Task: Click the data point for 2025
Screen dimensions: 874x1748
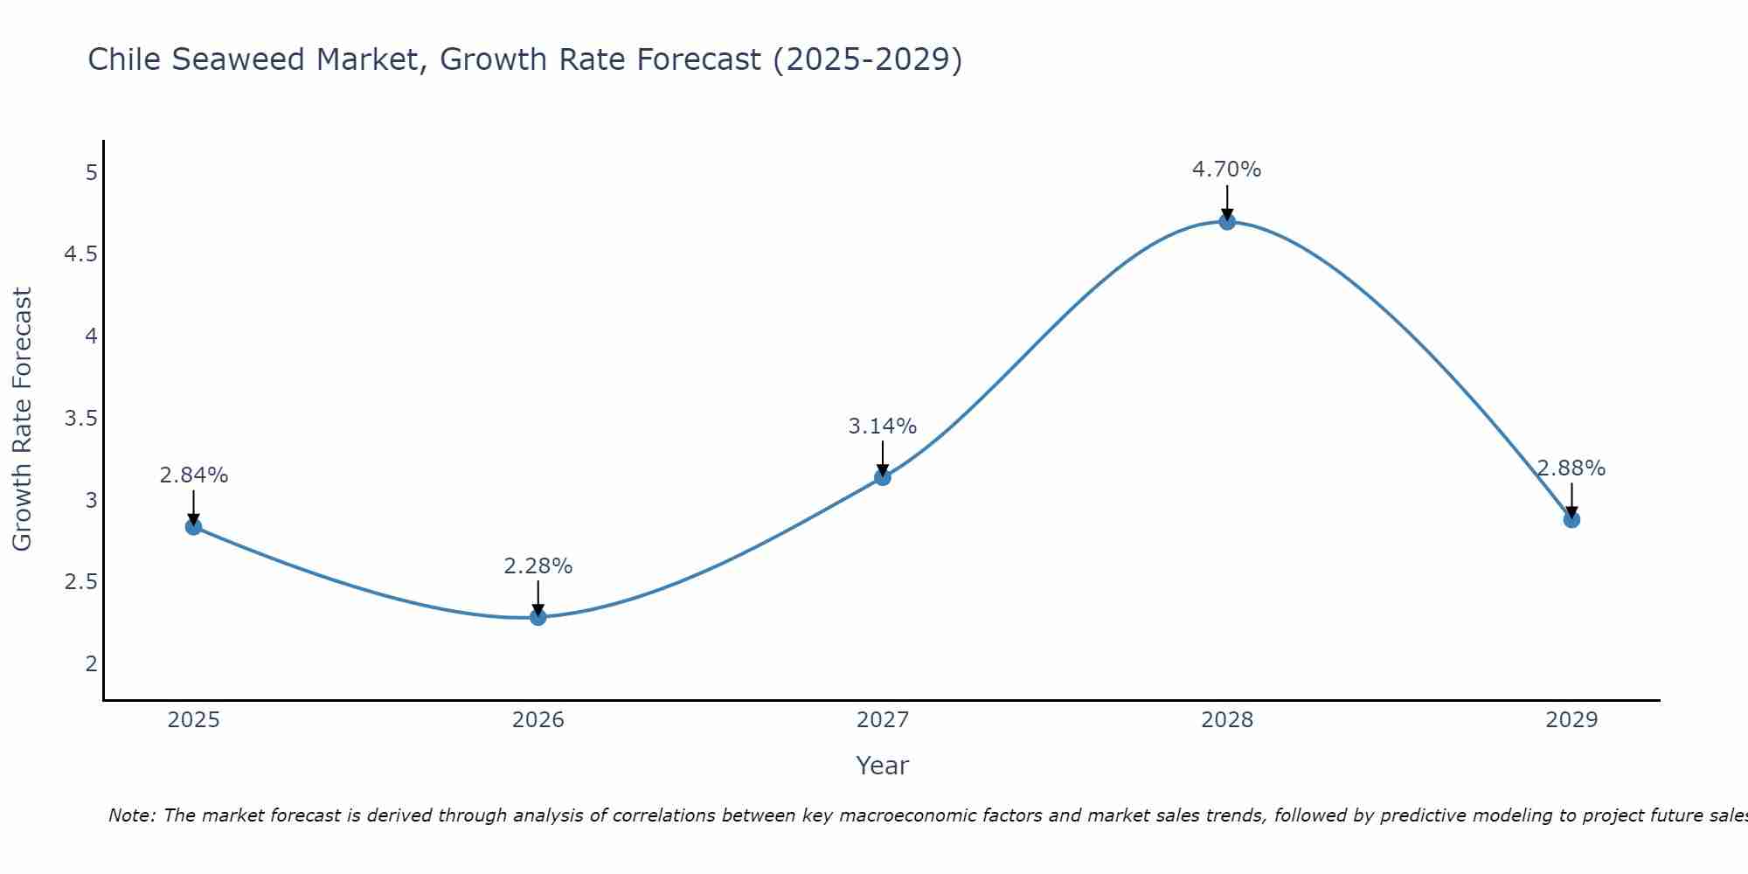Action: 193,526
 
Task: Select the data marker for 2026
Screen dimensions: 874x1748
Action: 538,617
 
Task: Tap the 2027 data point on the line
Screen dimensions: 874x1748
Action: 883,477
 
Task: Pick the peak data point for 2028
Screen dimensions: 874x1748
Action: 1227,222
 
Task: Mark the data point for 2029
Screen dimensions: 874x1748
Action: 1571,520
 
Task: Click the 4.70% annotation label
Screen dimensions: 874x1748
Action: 1226,170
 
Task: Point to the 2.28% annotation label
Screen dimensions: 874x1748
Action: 538,566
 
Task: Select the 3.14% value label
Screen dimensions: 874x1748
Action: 882,427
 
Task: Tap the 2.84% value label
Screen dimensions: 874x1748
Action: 193,475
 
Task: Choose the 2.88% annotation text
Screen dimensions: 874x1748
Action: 1571,468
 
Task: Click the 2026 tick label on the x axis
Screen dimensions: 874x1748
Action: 538,720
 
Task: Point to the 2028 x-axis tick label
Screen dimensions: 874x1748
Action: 1226,720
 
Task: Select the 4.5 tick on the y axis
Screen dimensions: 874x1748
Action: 80,254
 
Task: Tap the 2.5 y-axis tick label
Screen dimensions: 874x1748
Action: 80,582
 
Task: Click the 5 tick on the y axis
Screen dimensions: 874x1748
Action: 91,172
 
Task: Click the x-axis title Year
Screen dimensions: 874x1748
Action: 882,766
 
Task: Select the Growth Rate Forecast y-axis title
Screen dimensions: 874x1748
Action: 22,420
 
